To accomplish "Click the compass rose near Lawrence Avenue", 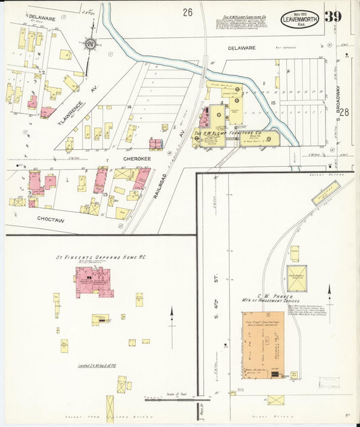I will tap(90, 44).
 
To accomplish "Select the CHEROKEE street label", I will tap(135, 158).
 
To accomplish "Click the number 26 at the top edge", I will tap(187, 11).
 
